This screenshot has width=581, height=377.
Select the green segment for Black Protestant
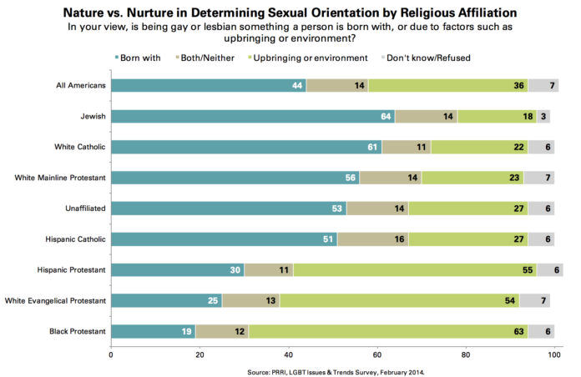click(388, 332)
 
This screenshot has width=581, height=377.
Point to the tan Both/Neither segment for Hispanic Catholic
click(372, 239)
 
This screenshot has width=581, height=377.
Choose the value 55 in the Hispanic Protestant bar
click(528, 270)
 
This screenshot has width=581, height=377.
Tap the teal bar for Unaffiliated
click(228, 209)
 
